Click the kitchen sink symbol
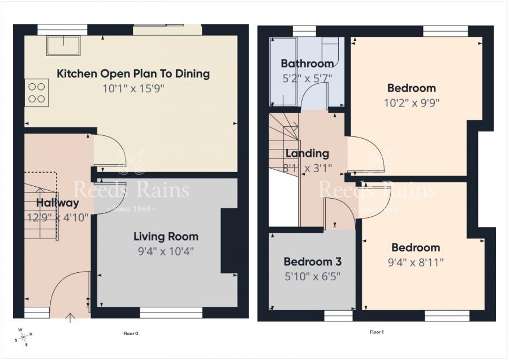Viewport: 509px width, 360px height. point(63,46)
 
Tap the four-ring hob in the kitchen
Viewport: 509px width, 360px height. point(37,93)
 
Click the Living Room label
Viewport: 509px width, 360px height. point(166,236)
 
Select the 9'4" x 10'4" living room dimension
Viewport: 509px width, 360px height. point(166,251)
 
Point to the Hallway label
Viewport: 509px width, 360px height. point(58,203)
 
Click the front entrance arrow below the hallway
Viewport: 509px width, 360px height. point(70,318)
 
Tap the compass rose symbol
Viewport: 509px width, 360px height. point(24,337)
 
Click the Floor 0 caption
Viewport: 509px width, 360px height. point(131,333)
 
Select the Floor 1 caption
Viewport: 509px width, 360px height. point(377,332)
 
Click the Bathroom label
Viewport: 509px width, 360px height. point(307,63)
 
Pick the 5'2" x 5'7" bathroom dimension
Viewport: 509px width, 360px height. point(307,78)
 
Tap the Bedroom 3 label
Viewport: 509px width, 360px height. point(313,262)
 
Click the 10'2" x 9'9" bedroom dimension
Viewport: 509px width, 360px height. point(412,103)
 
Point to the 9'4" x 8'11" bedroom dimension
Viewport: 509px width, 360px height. point(416,262)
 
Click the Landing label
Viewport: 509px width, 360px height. point(307,153)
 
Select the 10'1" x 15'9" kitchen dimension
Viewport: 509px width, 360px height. point(133,88)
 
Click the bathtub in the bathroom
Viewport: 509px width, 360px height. point(283,71)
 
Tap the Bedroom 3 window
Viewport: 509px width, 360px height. point(339,316)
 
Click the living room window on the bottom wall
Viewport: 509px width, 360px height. point(171,313)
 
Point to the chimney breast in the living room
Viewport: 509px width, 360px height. point(229,241)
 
